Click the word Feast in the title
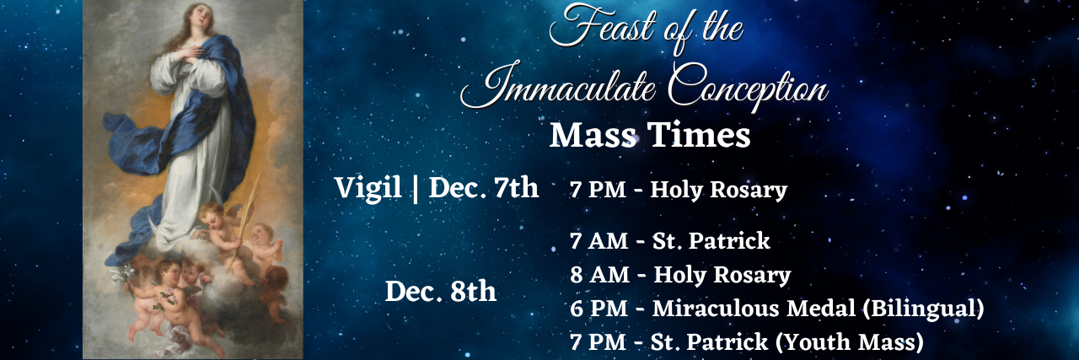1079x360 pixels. click(x=602, y=26)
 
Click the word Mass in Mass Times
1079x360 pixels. click(x=593, y=135)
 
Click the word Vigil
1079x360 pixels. click(x=368, y=187)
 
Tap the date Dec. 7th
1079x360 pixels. click(x=483, y=188)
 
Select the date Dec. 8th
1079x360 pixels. click(x=440, y=292)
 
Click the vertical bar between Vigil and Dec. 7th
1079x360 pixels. click(x=415, y=188)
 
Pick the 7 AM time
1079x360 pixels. click(x=599, y=241)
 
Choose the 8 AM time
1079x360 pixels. click(x=599, y=275)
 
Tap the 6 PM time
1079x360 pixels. click(x=599, y=309)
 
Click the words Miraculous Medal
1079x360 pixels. click(x=754, y=309)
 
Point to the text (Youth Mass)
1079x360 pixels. click(x=849, y=342)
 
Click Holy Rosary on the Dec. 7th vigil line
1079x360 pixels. click(x=719, y=190)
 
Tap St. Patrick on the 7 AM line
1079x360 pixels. click(x=711, y=241)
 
